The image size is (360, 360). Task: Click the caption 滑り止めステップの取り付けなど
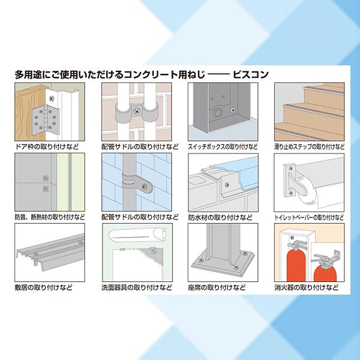pyautogui.click(x=308, y=146)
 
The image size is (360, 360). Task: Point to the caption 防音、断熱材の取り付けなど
pyautogui.click(x=49, y=217)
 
